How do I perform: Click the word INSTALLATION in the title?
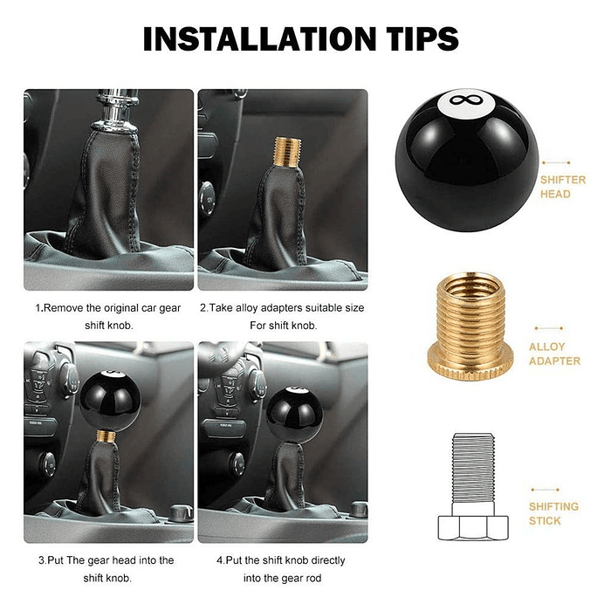[x=259, y=38]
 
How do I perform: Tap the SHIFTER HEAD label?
[x=563, y=187]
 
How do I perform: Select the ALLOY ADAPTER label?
[x=554, y=354]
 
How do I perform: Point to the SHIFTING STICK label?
[x=553, y=513]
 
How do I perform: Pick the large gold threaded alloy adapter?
[x=470, y=326]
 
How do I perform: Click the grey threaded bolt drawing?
[x=473, y=486]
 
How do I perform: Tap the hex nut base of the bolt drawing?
[x=473, y=527]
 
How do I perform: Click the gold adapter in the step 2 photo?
[x=287, y=152]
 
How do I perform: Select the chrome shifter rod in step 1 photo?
[x=116, y=110]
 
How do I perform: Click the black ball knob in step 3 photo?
[x=110, y=402]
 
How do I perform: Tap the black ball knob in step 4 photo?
[x=295, y=415]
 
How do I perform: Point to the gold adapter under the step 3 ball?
[x=106, y=436]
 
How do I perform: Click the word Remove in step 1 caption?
[x=63, y=308]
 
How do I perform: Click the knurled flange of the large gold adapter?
[x=470, y=363]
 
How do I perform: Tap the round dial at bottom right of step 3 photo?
[x=181, y=512]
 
